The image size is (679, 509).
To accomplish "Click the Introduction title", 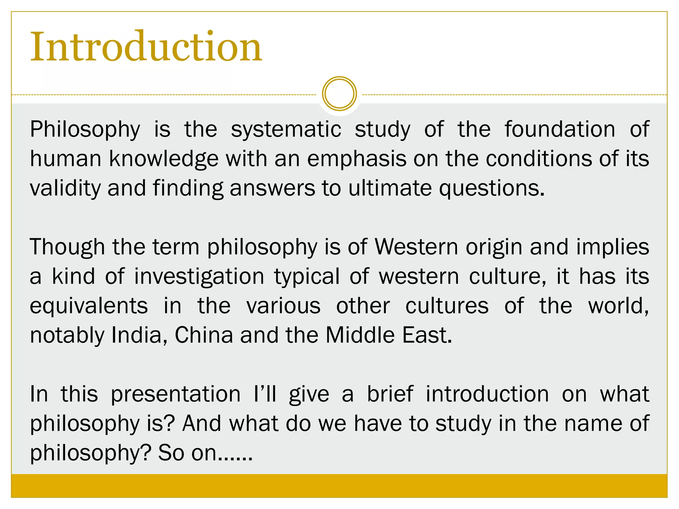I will click(x=146, y=47).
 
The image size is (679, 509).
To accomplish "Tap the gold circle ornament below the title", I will click(x=339, y=94).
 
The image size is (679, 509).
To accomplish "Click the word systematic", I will click(x=286, y=129).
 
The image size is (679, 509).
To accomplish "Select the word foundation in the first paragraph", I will click(x=560, y=129).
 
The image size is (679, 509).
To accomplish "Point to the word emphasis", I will click(x=356, y=159).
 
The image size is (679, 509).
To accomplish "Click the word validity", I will click(x=65, y=188).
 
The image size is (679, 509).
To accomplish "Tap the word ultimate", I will click(x=390, y=188).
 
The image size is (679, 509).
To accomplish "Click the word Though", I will click(x=67, y=247).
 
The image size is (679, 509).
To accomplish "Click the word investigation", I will click(x=199, y=277).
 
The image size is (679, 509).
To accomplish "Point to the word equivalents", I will click(x=89, y=306).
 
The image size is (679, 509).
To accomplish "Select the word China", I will click(x=204, y=335).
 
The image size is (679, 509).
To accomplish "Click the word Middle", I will click(x=360, y=335).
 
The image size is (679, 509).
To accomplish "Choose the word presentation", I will click(x=176, y=395).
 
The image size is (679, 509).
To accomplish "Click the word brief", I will click(x=390, y=394).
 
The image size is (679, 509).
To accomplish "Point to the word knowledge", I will click(x=164, y=159).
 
